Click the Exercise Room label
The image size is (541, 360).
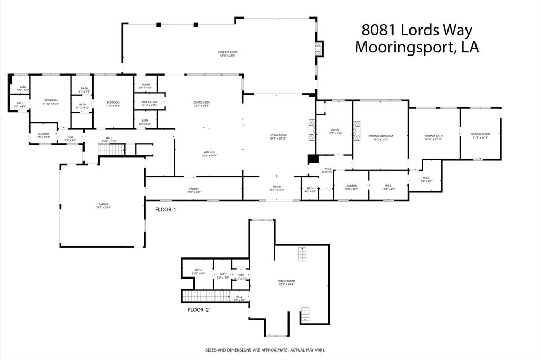click(x=480, y=136)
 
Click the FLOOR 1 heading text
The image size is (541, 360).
click(x=166, y=210)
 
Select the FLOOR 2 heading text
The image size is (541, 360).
click(x=198, y=310)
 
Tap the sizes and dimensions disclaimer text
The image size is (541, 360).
click(x=265, y=350)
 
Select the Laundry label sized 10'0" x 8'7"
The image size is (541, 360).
click(x=351, y=187)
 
